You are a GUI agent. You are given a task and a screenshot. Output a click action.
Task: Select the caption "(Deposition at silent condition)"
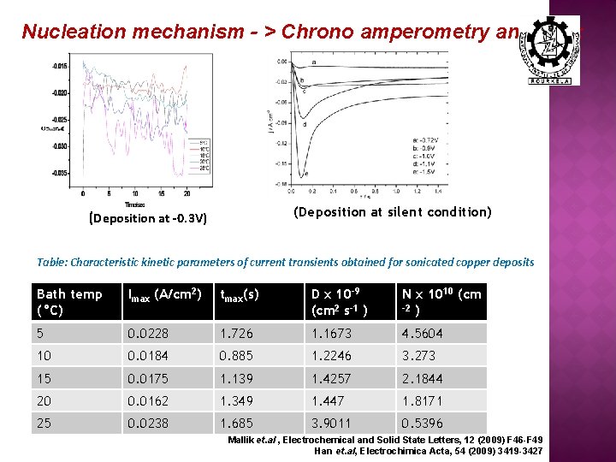pos(392,211)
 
